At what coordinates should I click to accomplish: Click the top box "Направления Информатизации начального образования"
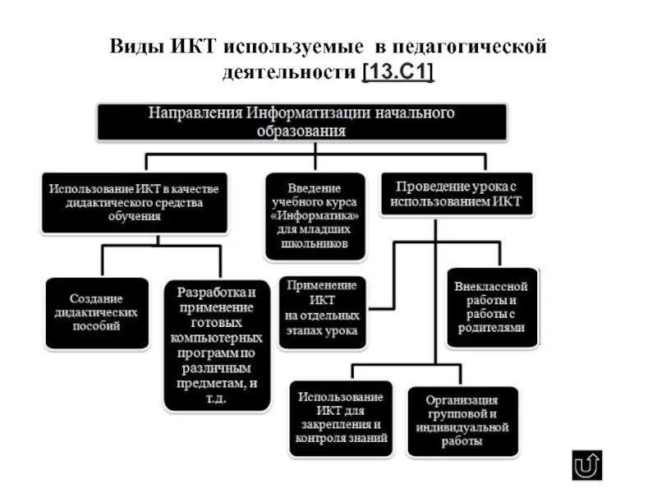(x=302, y=122)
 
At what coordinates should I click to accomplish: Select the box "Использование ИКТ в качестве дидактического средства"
(x=135, y=202)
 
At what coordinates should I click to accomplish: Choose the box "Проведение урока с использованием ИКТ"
(x=456, y=194)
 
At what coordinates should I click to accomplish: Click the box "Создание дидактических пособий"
(x=97, y=312)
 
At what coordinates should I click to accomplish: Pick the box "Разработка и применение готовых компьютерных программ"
(x=217, y=345)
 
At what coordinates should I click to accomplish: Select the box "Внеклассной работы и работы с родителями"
(x=491, y=306)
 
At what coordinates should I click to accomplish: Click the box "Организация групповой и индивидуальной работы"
(x=462, y=421)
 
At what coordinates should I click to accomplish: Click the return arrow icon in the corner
(x=587, y=465)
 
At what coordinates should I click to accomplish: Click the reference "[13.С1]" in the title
(x=397, y=72)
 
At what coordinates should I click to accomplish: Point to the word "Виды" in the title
(x=136, y=47)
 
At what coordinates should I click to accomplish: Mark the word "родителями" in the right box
(x=491, y=327)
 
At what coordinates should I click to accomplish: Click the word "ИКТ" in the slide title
(x=194, y=47)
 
